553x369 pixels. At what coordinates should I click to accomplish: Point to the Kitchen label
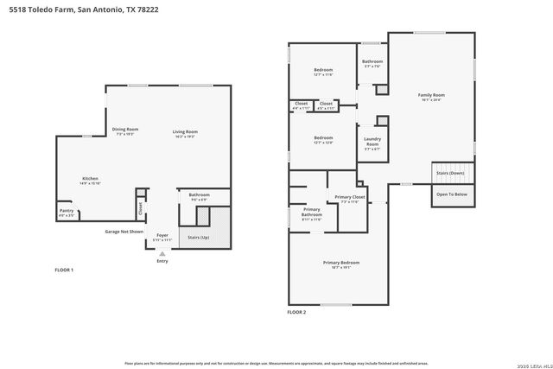(91, 179)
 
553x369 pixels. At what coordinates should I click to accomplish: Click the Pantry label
(67, 210)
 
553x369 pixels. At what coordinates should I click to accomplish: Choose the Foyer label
(162, 235)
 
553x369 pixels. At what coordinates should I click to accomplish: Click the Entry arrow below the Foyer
(162, 253)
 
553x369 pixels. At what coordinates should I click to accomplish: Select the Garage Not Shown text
(124, 232)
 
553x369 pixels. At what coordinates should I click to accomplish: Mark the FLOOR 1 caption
(65, 270)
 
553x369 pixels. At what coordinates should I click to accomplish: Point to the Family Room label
(430, 95)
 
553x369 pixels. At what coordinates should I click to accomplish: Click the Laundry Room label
(372, 143)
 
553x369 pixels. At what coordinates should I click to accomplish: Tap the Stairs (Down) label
(450, 173)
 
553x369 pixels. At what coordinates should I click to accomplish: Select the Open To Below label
(451, 194)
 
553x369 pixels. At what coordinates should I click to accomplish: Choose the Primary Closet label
(350, 197)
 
